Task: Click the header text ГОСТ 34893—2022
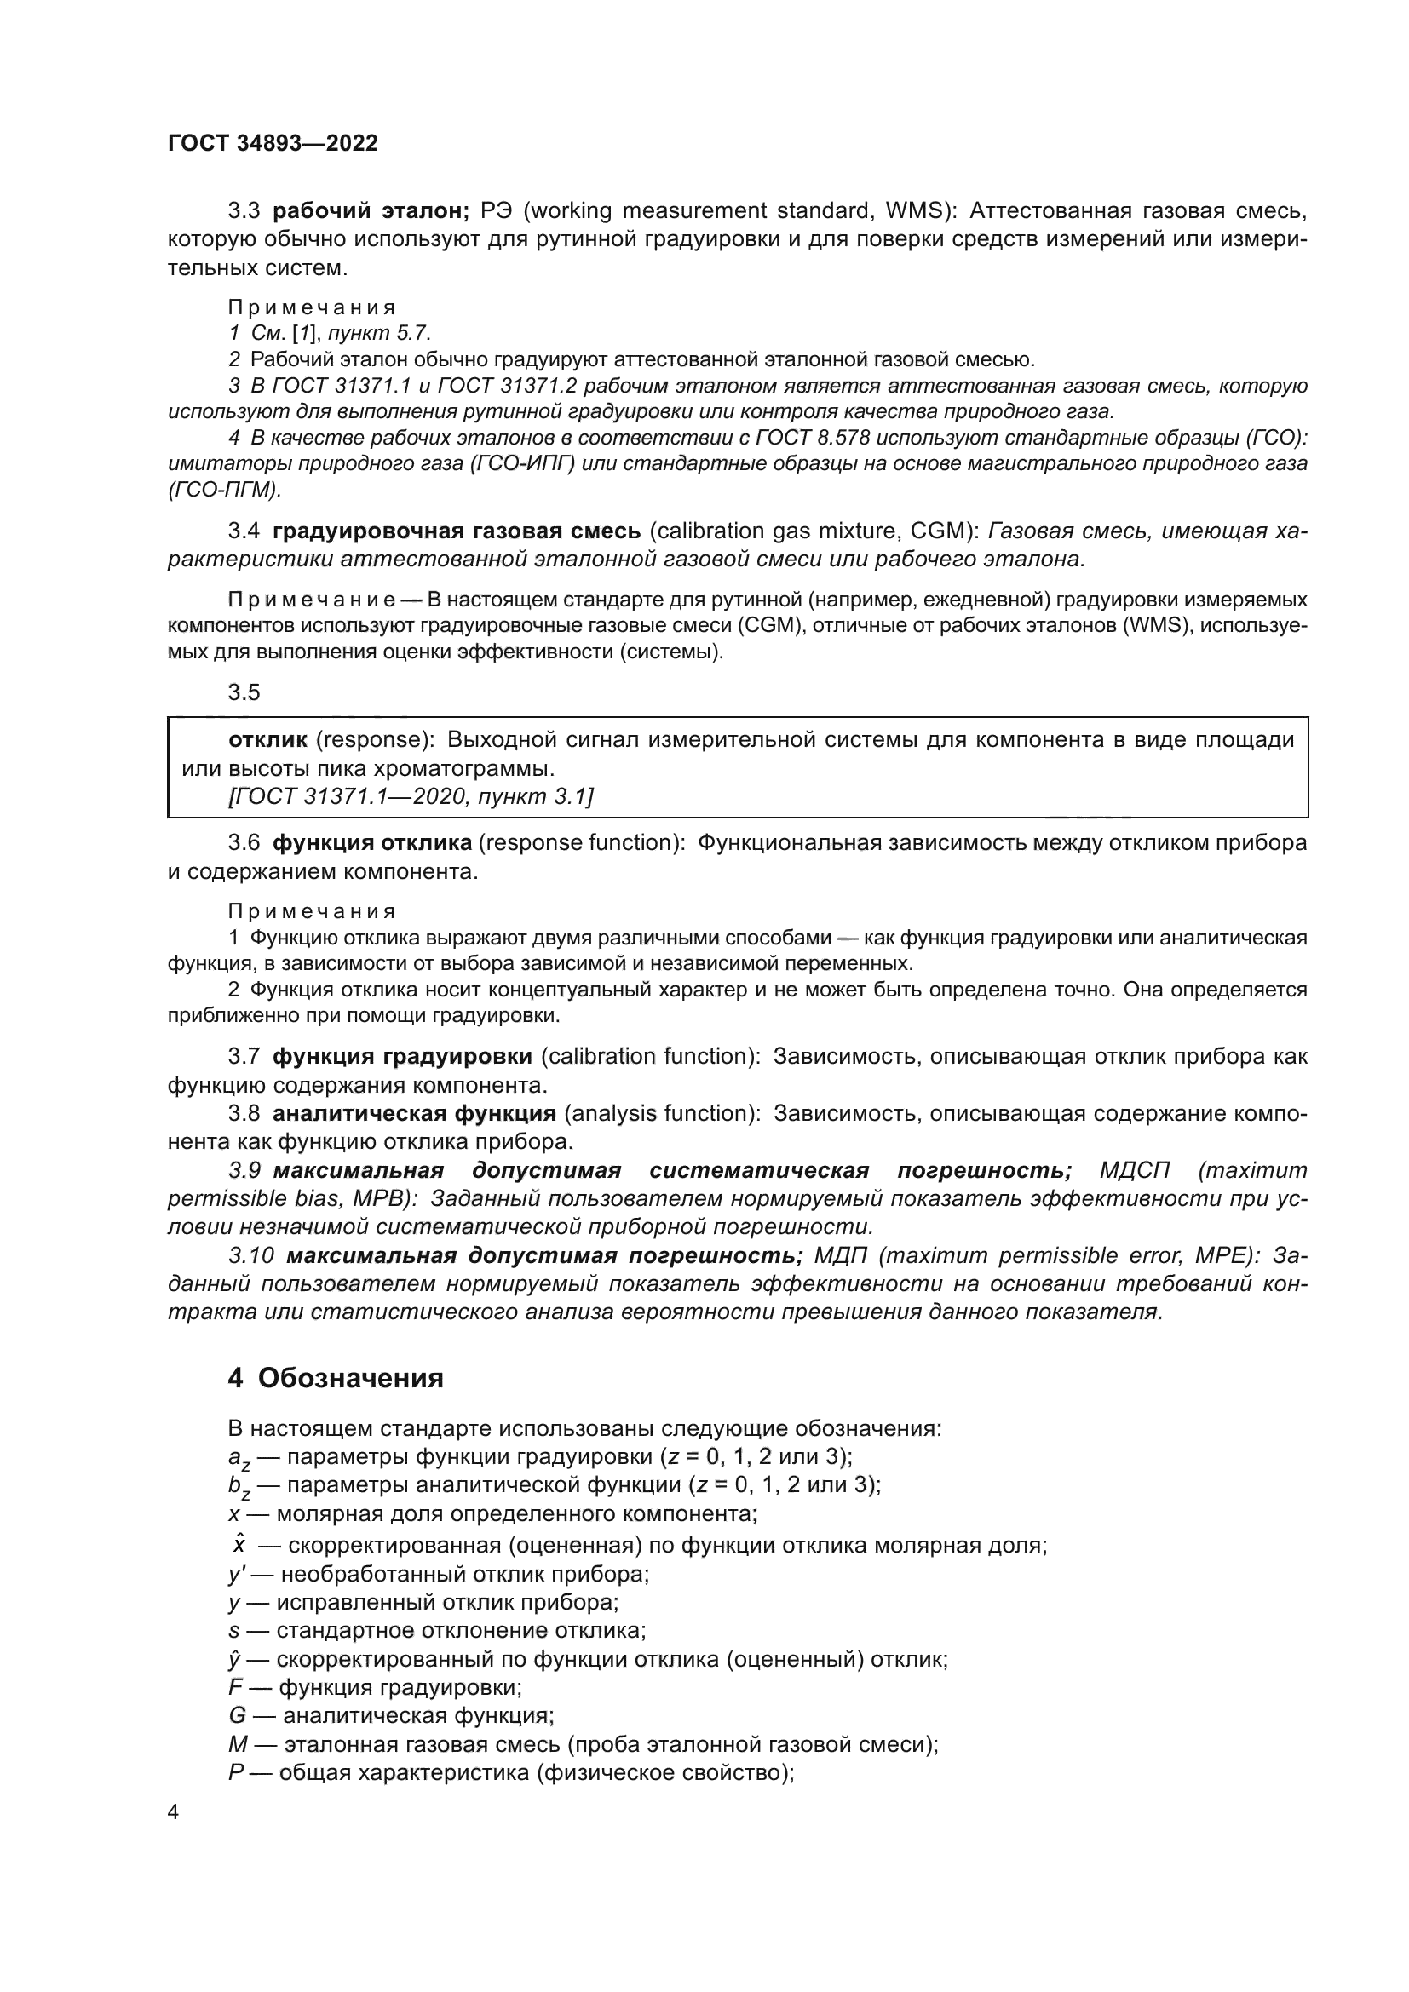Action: [273, 143]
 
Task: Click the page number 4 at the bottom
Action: [174, 1812]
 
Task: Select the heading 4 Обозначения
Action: [335, 1378]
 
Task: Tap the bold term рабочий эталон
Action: [371, 211]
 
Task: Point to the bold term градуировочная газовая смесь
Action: [457, 530]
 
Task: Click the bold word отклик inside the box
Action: [267, 739]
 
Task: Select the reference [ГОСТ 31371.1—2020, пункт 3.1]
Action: [411, 795]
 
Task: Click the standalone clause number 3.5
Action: [244, 692]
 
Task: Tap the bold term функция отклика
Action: [372, 842]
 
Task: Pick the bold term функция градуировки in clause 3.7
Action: [402, 1056]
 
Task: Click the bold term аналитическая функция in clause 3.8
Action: [414, 1113]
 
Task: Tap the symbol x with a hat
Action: [239, 1545]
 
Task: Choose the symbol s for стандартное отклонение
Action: [234, 1630]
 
